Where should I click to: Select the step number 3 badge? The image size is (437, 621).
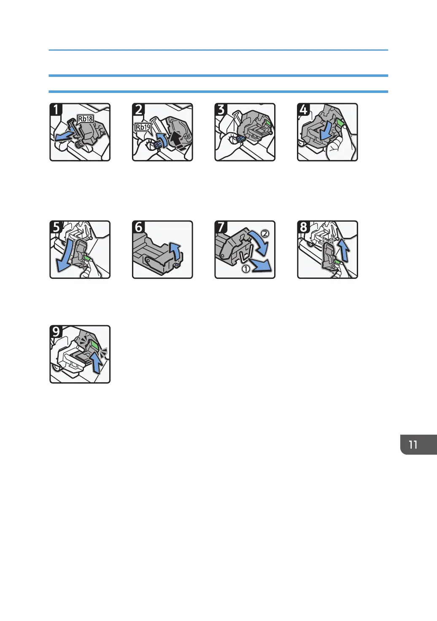[221, 109]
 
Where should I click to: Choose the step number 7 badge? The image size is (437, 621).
[221, 227]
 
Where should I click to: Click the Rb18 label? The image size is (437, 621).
[85, 119]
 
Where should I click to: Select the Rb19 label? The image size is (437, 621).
[143, 127]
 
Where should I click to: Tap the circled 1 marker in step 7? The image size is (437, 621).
[245, 268]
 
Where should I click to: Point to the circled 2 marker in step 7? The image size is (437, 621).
[265, 233]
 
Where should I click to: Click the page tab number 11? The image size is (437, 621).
[413, 444]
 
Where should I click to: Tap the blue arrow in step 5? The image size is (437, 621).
[64, 258]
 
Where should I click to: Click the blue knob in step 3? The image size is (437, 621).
[241, 139]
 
